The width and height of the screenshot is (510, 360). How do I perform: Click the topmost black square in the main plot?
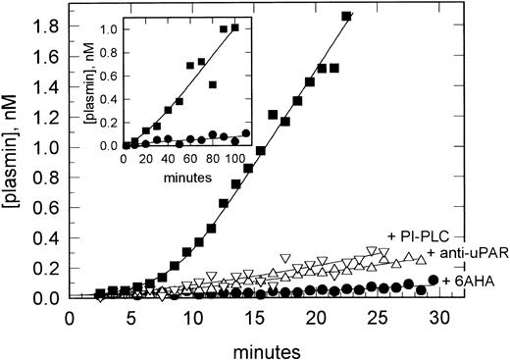(345, 16)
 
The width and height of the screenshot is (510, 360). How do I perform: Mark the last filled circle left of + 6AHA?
(433, 281)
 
